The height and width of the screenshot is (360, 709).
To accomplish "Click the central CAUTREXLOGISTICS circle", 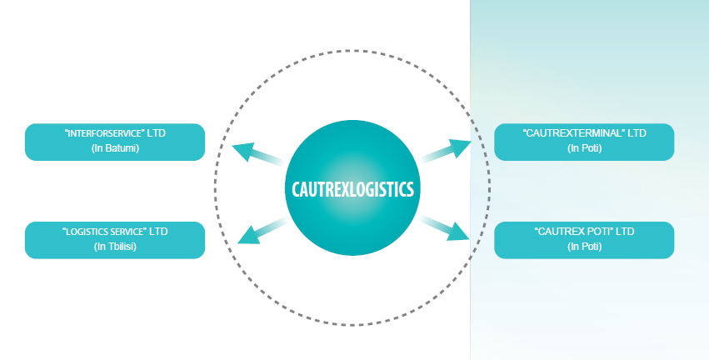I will tap(353, 188).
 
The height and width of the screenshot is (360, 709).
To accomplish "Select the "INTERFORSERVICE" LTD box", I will tap(115, 142).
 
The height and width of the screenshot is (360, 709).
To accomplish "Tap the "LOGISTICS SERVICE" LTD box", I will tap(115, 240).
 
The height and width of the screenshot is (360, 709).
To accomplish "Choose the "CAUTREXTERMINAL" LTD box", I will tap(584, 142).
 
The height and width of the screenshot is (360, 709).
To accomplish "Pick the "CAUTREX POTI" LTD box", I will tap(584, 240).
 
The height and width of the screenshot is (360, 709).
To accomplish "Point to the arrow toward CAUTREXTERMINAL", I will tap(447, 151).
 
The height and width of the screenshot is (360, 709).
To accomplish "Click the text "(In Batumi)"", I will tap(115, 149).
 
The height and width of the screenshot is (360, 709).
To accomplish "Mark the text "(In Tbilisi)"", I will tap(115, 247).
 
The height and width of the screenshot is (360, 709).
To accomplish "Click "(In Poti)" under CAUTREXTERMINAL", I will tap(584, 149).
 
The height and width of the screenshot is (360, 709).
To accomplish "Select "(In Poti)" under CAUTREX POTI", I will tap(584, 247).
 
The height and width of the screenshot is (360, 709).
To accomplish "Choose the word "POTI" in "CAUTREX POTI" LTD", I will tap(599, 231).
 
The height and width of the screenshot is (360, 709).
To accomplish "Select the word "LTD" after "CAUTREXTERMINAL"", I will tap(637, 133).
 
